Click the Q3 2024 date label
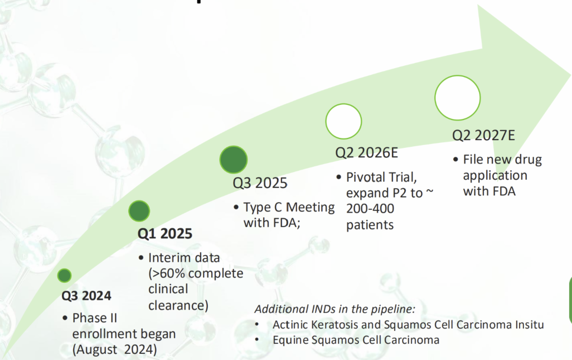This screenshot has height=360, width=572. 86,296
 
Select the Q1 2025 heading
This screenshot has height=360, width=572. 165,234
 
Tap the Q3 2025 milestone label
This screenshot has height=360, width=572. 260,183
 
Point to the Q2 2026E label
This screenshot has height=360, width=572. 367,153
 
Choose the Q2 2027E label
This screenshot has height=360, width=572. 483,135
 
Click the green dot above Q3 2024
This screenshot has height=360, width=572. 64,276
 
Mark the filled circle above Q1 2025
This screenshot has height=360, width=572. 139,211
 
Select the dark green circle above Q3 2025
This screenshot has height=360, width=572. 234,160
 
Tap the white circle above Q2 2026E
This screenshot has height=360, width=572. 344,122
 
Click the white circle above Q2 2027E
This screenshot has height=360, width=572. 458,98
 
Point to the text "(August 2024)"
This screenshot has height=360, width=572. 114,350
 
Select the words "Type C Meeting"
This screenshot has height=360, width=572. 289,207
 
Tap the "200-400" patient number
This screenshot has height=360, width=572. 370,208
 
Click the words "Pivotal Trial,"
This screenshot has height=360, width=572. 381,177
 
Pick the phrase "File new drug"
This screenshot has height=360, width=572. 502,159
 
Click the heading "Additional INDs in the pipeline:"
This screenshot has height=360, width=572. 335,309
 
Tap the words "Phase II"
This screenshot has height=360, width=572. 94,318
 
